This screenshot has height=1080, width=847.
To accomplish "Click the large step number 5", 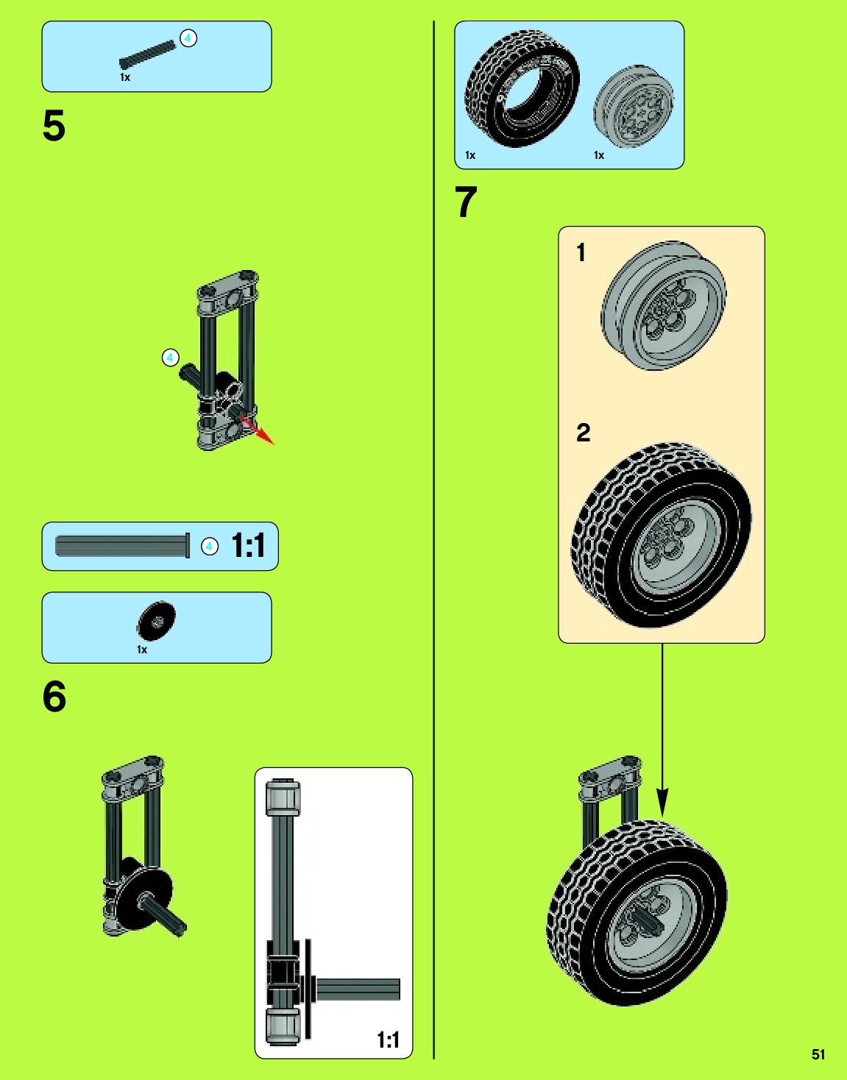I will [54, 126].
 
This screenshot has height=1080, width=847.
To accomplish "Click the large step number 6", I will [54, 697].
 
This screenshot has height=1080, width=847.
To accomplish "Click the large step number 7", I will [466, 202].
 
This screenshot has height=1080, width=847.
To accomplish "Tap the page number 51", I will [818, 1054].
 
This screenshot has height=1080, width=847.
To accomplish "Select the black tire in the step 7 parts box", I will [521, 88].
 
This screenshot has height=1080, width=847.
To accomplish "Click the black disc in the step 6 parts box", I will [156, 621].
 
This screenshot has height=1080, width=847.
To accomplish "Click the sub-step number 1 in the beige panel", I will [581, 252].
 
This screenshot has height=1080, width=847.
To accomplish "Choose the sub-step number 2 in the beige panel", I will [583, 432].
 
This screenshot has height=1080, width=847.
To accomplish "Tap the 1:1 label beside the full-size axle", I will [248, 546].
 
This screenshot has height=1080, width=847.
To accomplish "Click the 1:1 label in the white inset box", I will [388, 1040].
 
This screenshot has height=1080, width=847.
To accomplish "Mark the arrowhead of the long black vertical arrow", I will [662, 803].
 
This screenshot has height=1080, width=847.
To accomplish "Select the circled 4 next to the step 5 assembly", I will [170, 358].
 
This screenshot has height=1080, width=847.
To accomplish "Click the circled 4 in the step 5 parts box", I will [188, 38].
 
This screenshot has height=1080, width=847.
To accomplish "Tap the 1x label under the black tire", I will [470, 155].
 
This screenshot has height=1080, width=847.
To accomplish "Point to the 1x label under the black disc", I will [142, 650].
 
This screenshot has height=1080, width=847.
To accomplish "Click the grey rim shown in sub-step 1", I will [662, 305].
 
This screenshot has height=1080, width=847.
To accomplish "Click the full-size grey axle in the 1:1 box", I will [121, 546].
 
